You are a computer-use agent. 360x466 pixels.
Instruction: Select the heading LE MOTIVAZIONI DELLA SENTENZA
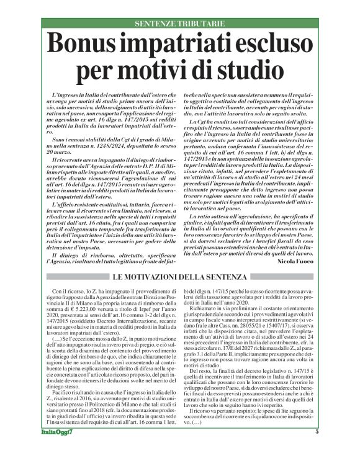(x=180, y=276)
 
